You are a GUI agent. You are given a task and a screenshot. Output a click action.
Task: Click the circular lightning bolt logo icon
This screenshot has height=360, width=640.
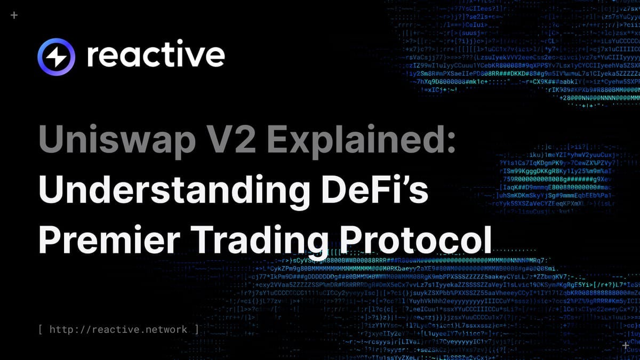click(x=57, y=57)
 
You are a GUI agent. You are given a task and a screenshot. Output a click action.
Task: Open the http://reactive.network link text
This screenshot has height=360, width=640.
click(x=118, y=329)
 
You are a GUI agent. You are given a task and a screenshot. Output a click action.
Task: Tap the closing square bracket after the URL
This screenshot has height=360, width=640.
click(x=196, y=329)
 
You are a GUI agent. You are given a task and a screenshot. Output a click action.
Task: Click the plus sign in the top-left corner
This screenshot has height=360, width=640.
click(x=14, y=15)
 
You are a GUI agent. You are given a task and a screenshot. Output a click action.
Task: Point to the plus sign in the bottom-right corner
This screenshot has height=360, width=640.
click(x=625, y=345)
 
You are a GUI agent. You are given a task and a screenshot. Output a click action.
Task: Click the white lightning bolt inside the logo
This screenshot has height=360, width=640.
click(x=57, y=57)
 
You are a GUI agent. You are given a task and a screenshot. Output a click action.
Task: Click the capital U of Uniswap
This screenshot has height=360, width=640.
click(x=51, y=142)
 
